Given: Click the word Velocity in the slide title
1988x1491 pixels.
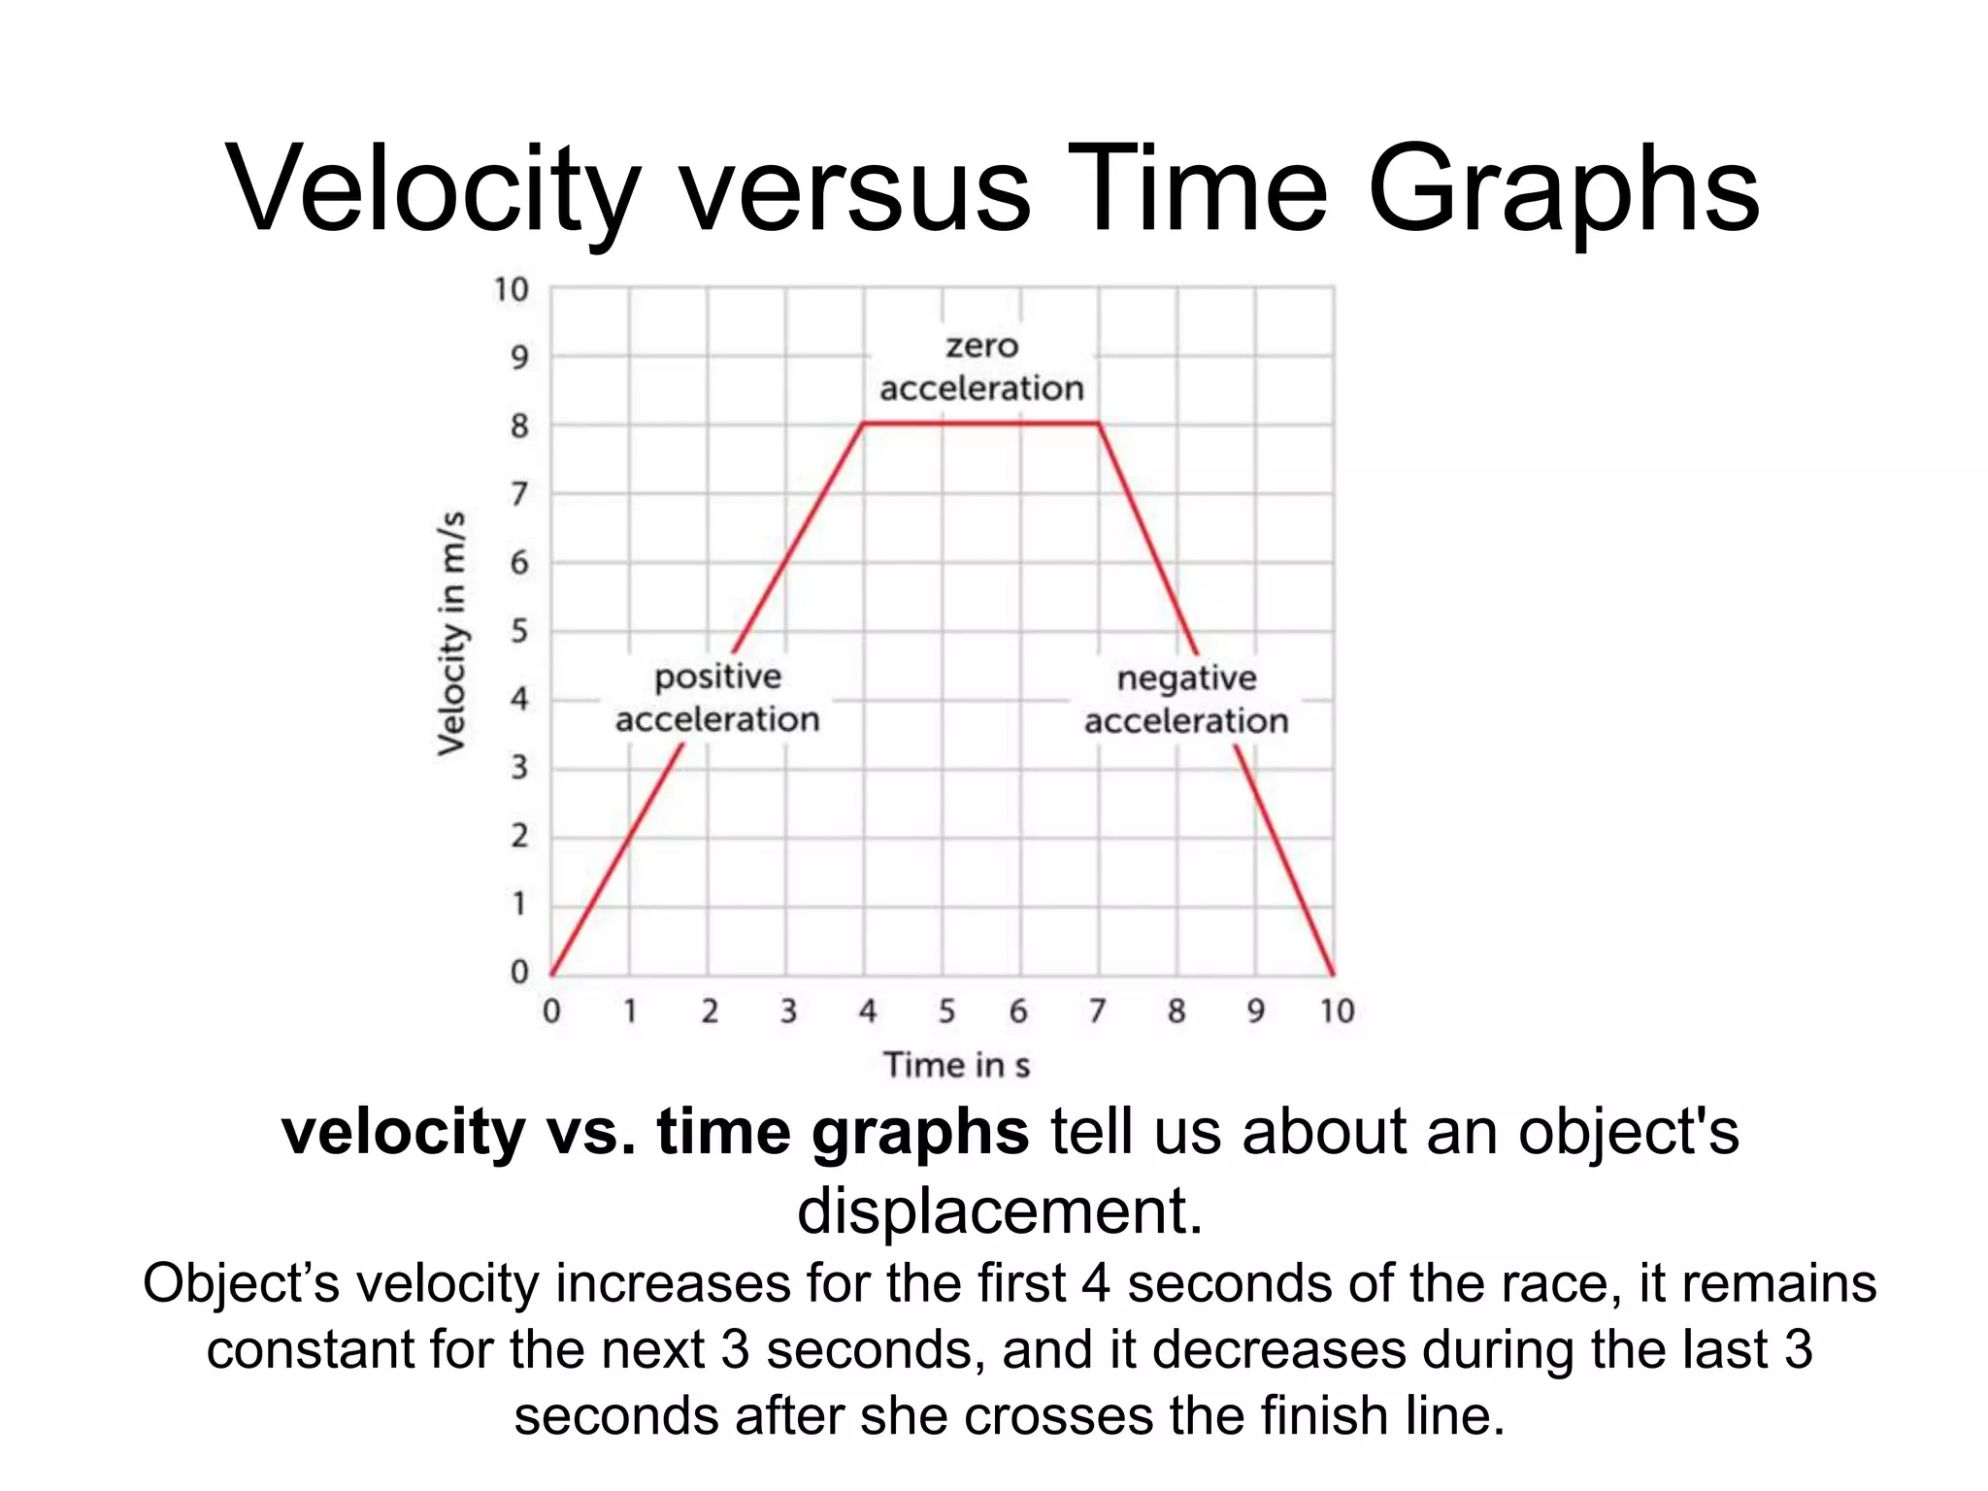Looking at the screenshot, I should coord(433,189).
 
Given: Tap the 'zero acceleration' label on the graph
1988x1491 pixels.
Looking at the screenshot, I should coord(981,367).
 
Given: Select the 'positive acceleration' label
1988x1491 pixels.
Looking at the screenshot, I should coord(717,698).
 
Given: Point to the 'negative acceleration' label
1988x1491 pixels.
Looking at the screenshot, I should coord(1186,699).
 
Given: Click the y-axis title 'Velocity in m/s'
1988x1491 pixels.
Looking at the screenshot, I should coord(451,632).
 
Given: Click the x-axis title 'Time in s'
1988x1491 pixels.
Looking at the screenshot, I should coord(956,1065).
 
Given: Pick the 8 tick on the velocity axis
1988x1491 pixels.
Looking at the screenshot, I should coord(520,425).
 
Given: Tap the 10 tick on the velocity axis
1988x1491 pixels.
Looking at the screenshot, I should coord(512,289).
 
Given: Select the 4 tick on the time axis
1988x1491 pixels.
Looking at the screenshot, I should coord(867,1011).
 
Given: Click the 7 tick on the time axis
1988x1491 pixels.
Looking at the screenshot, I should coord(1098,1011).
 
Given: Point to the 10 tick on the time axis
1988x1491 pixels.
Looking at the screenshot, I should coord(1337,1011).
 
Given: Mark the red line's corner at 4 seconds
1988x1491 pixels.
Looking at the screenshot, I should coord(864,423).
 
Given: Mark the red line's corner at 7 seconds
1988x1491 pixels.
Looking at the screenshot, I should coord(1099,423).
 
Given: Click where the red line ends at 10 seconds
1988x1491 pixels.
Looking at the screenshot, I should coord(1333,974).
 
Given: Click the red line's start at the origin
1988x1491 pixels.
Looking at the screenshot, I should coord(551,974).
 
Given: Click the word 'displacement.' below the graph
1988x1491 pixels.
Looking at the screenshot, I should coord(1000,1211).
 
